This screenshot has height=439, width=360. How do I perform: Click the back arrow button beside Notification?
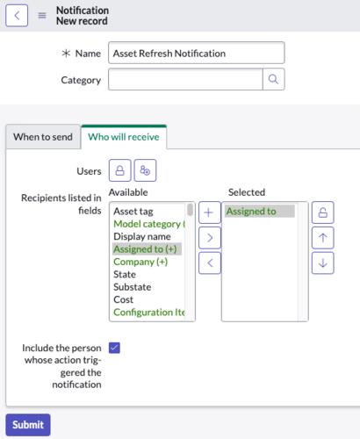(17, 16)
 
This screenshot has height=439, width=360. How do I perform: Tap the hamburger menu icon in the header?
(42, 16)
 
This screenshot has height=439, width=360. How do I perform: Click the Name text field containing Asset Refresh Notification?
(197, 53)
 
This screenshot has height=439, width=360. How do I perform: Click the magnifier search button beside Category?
(274, 79)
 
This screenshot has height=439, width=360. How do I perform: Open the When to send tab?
(43, 137)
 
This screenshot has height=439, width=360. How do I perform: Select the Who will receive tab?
(124, 137)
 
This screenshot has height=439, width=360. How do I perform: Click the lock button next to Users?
(120, 170)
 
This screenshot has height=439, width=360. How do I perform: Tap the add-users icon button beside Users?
(145, 170)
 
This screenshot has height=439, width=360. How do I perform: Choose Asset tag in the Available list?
(133, 212)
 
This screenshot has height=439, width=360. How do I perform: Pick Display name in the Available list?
(142, 236)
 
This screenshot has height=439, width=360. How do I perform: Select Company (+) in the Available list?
(140, 262)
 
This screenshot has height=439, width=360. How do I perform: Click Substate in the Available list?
(133, 287)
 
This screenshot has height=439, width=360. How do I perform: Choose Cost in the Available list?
(124, 299)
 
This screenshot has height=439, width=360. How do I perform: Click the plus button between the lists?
(210, 212)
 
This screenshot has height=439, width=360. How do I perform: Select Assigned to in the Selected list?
(251, 212)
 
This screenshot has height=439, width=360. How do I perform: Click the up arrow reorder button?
(323, 238)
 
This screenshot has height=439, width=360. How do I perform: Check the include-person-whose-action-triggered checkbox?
(114, 348)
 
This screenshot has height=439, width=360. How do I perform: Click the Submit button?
(28, 425)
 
